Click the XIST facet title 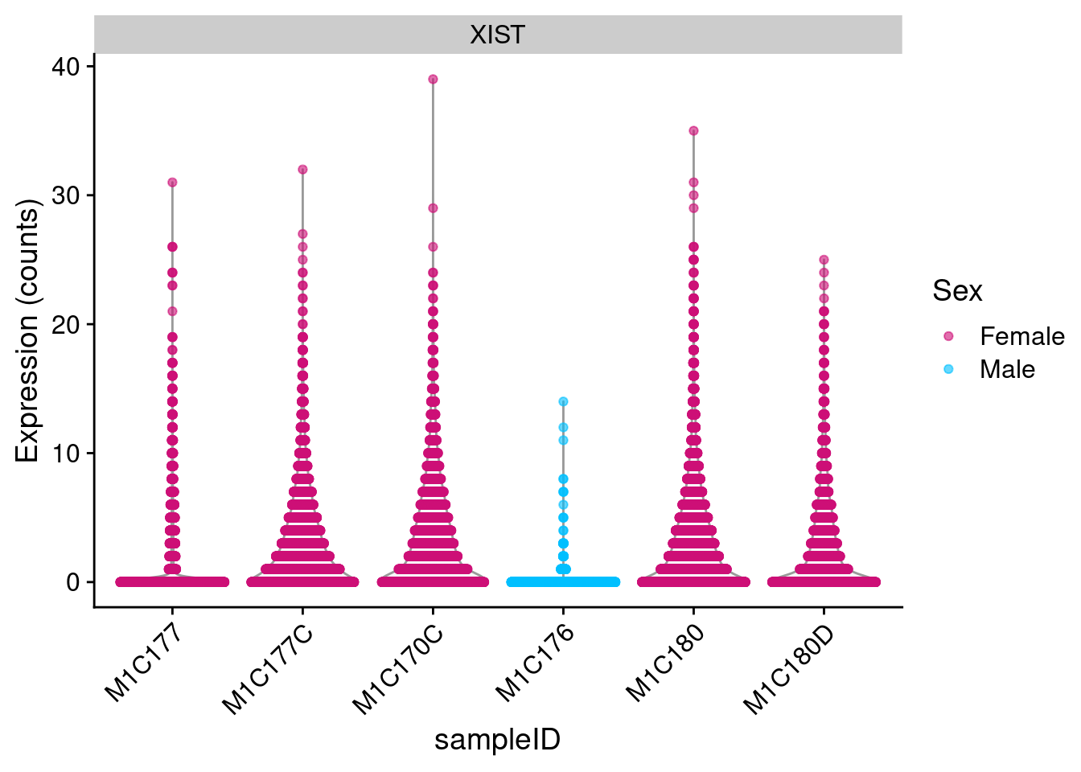point(497,35)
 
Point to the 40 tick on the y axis point(67,67)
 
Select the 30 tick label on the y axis point(67,195)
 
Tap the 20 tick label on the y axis point(67,324)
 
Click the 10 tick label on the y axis point(67,453)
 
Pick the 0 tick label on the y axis point(74,581)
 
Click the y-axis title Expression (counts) point(27,331)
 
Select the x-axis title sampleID point(497,739)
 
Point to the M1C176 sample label point(534,663)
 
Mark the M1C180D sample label point(788,669)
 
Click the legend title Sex point(957,290)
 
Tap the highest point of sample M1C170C point(433,80)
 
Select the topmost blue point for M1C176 point(563,401)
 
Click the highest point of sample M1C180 point(693,131)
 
